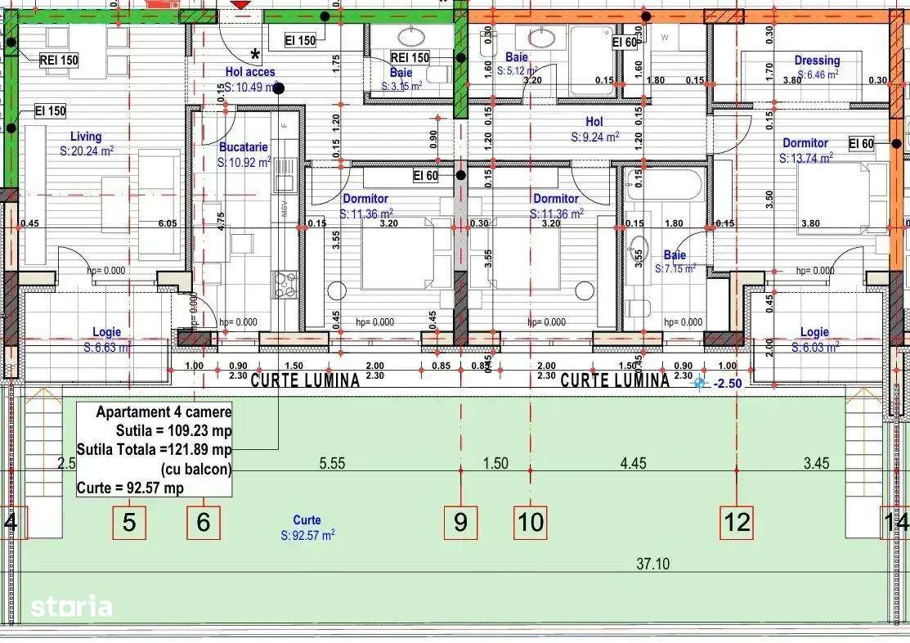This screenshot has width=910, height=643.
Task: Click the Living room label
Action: (86, 137)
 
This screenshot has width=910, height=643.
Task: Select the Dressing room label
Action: (816, 60)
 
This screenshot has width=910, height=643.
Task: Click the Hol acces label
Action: (250, 72)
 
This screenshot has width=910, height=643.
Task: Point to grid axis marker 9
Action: (460, 522)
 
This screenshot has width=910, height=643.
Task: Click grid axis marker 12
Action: (737, 522)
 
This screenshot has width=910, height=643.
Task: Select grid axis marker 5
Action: (129, 522)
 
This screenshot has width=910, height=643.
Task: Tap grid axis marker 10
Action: (531, 522)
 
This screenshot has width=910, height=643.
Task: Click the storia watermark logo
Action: (71, 606)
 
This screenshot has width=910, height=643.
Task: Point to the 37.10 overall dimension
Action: (652, 563)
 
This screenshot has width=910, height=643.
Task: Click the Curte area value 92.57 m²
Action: (307, 535)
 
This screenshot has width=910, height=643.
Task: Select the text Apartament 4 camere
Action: (164, 412)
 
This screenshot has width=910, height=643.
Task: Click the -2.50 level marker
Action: (725, 383)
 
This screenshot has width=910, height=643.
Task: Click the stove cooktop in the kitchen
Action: (285, 284)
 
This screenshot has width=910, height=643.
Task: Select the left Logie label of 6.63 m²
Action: (106, 332)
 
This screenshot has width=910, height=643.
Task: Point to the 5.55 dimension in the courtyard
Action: (331, 463)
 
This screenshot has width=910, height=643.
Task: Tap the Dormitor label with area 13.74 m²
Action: (805, 142)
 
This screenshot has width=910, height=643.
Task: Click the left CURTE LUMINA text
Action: (305, 380)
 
